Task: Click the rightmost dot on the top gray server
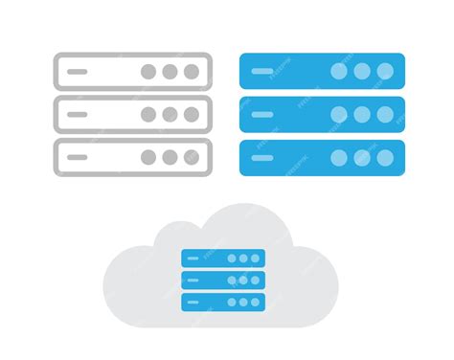click(x=192, y=71)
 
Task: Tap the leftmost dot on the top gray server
click(x=148, y=71)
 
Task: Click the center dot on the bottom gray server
click(x=170, y=157)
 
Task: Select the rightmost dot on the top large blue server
click(x=384, y=71)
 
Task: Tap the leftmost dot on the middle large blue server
click(x=340, y=114)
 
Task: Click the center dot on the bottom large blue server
click(x=362, y=157)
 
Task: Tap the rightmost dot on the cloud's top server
click(x=256, y=258)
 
